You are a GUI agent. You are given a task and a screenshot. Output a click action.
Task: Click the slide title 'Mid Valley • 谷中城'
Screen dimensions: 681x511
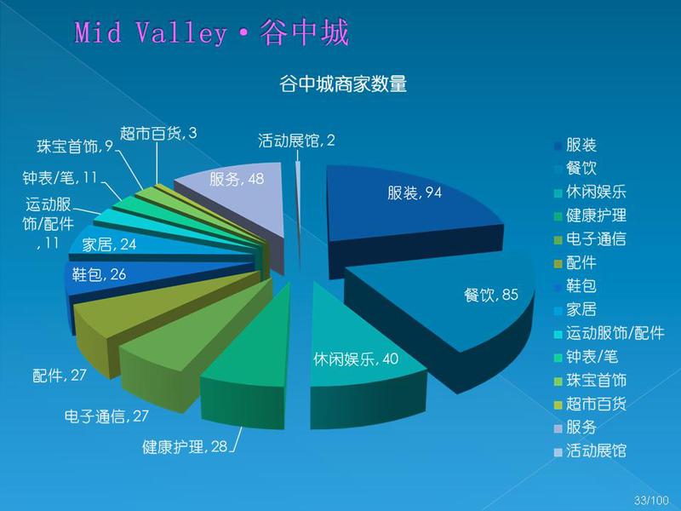(x=212, y=32)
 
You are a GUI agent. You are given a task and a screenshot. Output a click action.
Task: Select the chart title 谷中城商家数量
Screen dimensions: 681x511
(x=343, y=83)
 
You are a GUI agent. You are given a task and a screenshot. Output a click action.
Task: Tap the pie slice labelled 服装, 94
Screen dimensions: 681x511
(x=413, y=204)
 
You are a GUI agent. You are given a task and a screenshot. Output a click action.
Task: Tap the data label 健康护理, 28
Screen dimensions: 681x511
(x=185, y=446)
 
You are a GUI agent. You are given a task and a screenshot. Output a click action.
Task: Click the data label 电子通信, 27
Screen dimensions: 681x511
(x=106, y=416)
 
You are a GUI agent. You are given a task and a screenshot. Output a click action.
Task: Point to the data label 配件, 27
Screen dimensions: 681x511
(x=60, y=375)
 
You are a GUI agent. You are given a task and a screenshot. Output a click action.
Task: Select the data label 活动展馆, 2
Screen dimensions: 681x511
(x=296, y=141)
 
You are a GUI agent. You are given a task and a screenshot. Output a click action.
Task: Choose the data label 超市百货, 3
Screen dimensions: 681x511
(x=158, y=133)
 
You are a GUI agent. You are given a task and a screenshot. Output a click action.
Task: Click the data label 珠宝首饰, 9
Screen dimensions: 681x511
(x=75, y=146)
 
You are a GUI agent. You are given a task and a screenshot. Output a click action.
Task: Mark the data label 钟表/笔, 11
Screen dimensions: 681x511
(x=60, y=177)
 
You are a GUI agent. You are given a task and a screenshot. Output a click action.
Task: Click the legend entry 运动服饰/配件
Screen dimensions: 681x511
(x=609, y=333)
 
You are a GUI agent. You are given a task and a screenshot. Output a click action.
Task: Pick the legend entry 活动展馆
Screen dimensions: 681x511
(x=590, y=451)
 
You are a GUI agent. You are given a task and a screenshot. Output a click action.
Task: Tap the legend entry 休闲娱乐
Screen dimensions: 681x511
(x=590, y=192)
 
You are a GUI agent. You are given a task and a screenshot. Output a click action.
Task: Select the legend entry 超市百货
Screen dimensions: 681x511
(x=590, y=404)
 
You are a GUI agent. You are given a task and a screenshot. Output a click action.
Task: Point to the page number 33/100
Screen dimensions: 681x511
(x=651, y=499)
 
